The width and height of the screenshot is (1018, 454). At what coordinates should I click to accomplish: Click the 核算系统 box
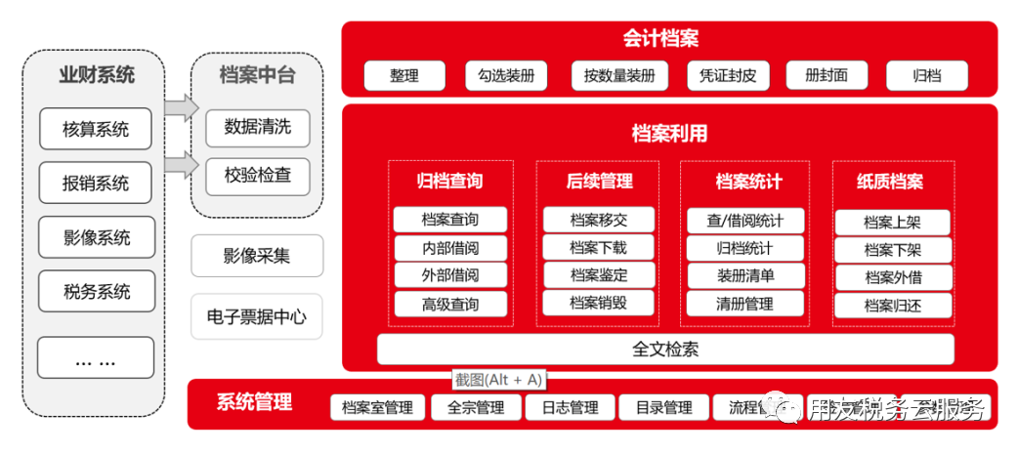(96, 129)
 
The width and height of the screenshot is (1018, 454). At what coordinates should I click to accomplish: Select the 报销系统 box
(96, 183)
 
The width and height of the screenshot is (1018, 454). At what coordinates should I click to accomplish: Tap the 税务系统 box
(96, 291)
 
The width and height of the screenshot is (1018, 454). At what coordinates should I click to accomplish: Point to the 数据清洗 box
(257, 128)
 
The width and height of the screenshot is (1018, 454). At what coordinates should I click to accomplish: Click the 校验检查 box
(257, 177)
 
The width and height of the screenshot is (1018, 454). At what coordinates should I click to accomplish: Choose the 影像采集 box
(257, 256)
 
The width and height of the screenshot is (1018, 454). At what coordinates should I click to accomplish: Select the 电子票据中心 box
(257, 316)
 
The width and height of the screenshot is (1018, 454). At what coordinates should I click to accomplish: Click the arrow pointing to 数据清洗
(180, 108)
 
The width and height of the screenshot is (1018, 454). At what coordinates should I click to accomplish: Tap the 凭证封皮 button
(728, 76)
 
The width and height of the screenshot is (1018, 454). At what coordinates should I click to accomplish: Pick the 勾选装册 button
(507, 76)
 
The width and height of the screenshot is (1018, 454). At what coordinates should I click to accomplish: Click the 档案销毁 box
(598, 303)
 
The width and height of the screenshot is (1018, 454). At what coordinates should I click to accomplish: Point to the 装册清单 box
(744, 276)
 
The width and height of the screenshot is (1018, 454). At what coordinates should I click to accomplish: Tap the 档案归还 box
(893, 306)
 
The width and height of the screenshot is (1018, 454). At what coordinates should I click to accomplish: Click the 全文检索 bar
(665, 350)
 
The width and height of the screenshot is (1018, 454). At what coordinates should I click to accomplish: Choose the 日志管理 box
(570, 407)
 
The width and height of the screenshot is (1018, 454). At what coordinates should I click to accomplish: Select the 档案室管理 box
(377, 407)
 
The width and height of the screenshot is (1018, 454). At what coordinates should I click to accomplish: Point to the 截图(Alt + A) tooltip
(497, 380)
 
